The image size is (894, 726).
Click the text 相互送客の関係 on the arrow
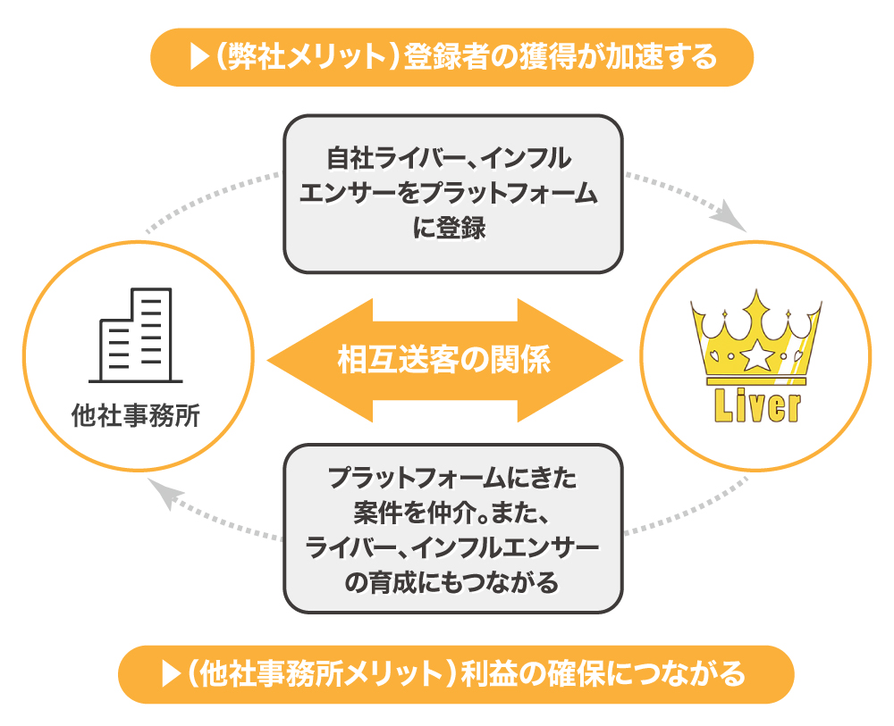pyautogui.click(x=444, y=360)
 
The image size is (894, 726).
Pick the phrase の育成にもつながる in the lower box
pyautogui.click(x=451, y=581)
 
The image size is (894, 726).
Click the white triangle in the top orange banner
pyautogui.click(x=198, y=57)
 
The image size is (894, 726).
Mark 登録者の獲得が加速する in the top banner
pyautogui.click(x=561, y=57)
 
